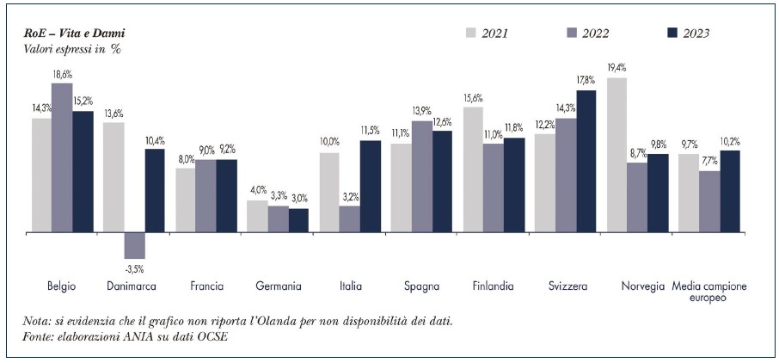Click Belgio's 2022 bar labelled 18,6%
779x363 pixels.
(62, 157)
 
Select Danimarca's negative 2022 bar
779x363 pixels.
(134, 246)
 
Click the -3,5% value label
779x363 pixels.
(135, 269)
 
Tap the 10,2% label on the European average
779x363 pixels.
(731, 142)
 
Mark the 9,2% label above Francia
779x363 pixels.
(227, 151)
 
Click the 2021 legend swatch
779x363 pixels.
(471, 33)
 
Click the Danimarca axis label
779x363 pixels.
(132, 286)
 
